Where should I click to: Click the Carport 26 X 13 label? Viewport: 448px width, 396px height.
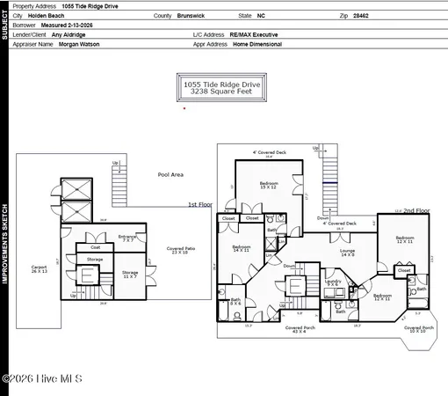pyautogui.click(x=39, y=268)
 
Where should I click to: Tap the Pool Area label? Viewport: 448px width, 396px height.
pyautogui.click(x=170, y=175)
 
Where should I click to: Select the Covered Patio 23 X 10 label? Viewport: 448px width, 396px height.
pyautogui.click(x=181, y=251)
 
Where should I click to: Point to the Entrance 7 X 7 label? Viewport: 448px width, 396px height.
pyautogui.click(x=128, y=238)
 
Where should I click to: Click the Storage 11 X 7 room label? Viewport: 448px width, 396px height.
pyautogui.click(x=130, y=274)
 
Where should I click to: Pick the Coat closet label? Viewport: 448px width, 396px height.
pyautogui.click(x=95, y=247)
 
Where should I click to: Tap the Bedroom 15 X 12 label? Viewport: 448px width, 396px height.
pyautogui.click(x=269, y=185)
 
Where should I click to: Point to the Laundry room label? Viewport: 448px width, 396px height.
pyautogui.click(x=333, y=282)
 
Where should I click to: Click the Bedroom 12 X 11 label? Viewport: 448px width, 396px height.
pyautogui.click(x=405, y=239)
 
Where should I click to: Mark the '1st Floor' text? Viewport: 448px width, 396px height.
pyautogui.click(x=199, y=204)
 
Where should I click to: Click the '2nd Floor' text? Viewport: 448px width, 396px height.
pyautogui.click(x=416, y=210)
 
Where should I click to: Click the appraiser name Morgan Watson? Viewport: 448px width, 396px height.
pyautogui.click(x=78, y=42)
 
